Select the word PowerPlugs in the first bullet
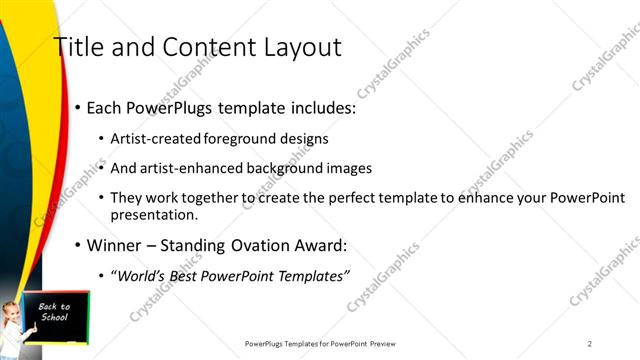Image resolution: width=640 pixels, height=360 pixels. coord(174,107)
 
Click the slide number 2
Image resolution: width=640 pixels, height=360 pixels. coord(590,343)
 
